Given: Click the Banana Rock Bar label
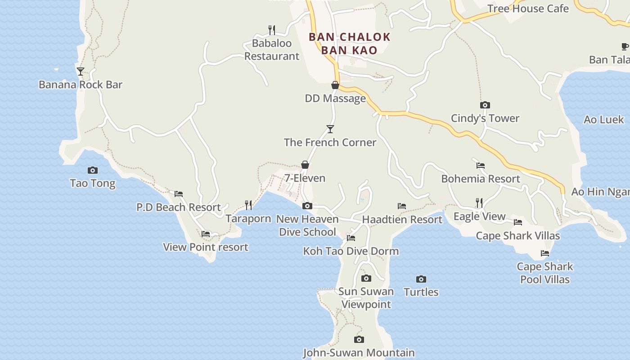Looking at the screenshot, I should (81, 85).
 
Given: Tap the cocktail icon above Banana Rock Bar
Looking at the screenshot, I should (81, 71).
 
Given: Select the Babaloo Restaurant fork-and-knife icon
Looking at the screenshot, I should (271, 30).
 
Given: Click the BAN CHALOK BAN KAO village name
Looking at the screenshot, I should (349, 43).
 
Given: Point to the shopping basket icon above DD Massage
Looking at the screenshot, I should (335, 85).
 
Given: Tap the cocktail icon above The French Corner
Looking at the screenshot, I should (330, 129).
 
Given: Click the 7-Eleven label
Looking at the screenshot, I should (305, 178).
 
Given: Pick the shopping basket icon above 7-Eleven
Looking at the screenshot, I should (305, 165).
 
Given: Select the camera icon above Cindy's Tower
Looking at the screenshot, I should (485, 105).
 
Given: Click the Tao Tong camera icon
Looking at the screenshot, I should (93, 170).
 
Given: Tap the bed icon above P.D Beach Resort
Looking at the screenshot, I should (179, 194).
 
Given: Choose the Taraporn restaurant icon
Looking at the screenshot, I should (248, 205).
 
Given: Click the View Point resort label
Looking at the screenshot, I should (206, 247).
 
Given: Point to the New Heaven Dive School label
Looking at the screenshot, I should (307, 225).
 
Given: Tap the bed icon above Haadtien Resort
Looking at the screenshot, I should (402, 206).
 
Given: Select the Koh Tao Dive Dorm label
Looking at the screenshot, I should (351, 251).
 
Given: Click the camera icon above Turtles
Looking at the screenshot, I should (421, 279).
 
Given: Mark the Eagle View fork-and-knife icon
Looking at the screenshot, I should (479, 203).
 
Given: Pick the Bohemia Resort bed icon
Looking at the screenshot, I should (481, 166).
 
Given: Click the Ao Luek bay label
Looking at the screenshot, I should (604, 120).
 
